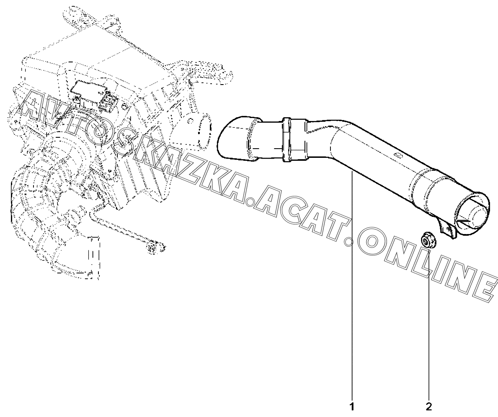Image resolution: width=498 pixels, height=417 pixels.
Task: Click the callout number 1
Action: click(352, 406)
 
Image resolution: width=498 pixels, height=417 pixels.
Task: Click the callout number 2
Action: click(428, 406)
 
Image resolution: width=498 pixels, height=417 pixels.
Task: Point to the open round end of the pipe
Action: click(473, 214)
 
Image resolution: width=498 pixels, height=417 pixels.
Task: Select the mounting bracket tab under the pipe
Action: click(447, 229)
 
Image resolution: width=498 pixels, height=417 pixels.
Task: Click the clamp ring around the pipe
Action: click(287, 139)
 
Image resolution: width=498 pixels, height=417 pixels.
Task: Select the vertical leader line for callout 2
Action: click(428, 327)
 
